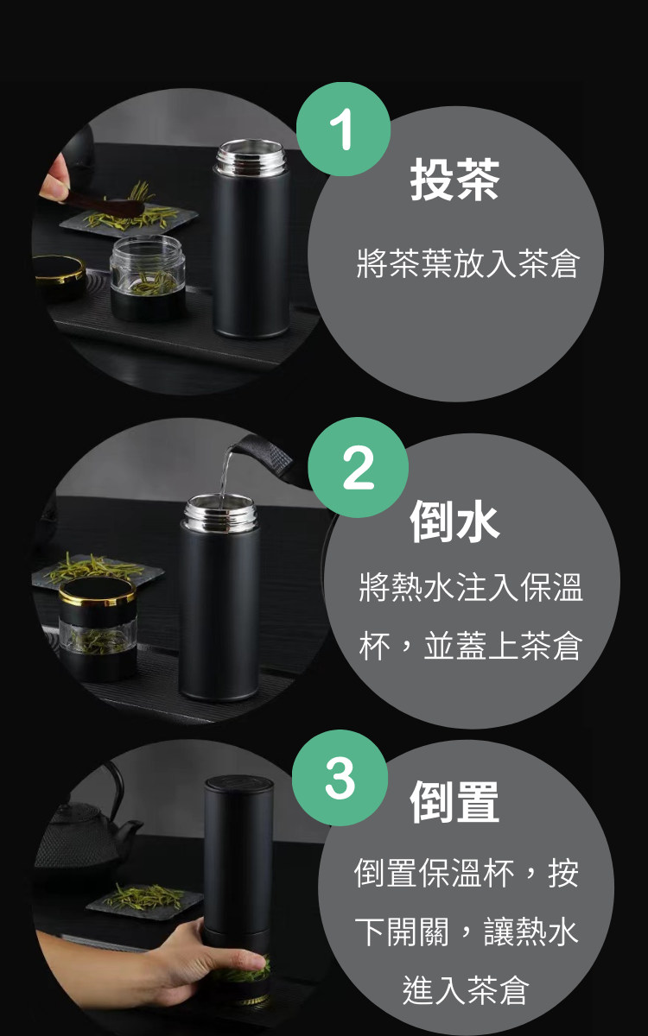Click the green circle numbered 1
344,129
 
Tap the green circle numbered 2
359,467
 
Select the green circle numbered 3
340,778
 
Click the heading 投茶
454,180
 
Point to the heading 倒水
454,521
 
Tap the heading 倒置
454,802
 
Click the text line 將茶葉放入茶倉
467,263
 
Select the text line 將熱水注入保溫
470,587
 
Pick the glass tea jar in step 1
148,279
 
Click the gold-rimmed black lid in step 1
60,273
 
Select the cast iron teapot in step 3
86,828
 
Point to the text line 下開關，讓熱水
467,932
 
